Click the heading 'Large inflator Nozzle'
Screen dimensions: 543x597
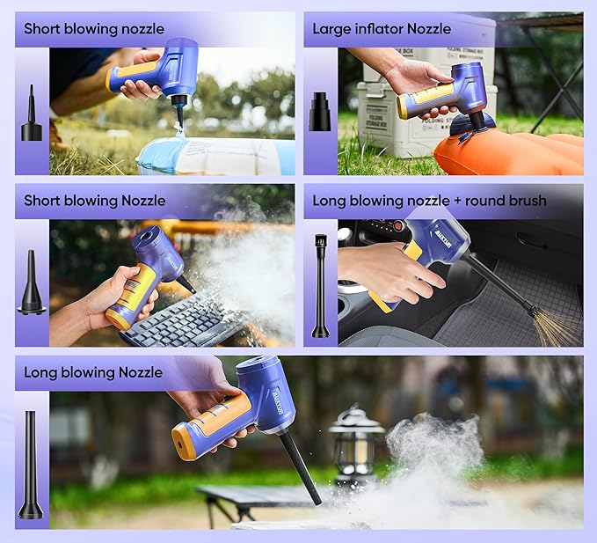[x=382, y=29]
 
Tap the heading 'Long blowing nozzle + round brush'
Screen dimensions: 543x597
[x=429, y=201]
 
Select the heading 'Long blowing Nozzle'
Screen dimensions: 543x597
[x=92, y=372]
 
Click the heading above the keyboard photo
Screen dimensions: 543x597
[x=80, y=201]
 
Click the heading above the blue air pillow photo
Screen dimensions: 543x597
[x=82, y=29]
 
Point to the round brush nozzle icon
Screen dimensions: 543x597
[x=320, y=285]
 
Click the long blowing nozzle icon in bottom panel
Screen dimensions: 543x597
[x=32, y=464]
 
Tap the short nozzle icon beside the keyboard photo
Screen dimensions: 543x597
[x=32, y=283]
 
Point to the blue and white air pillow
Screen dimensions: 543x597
[x=215, y=156]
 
